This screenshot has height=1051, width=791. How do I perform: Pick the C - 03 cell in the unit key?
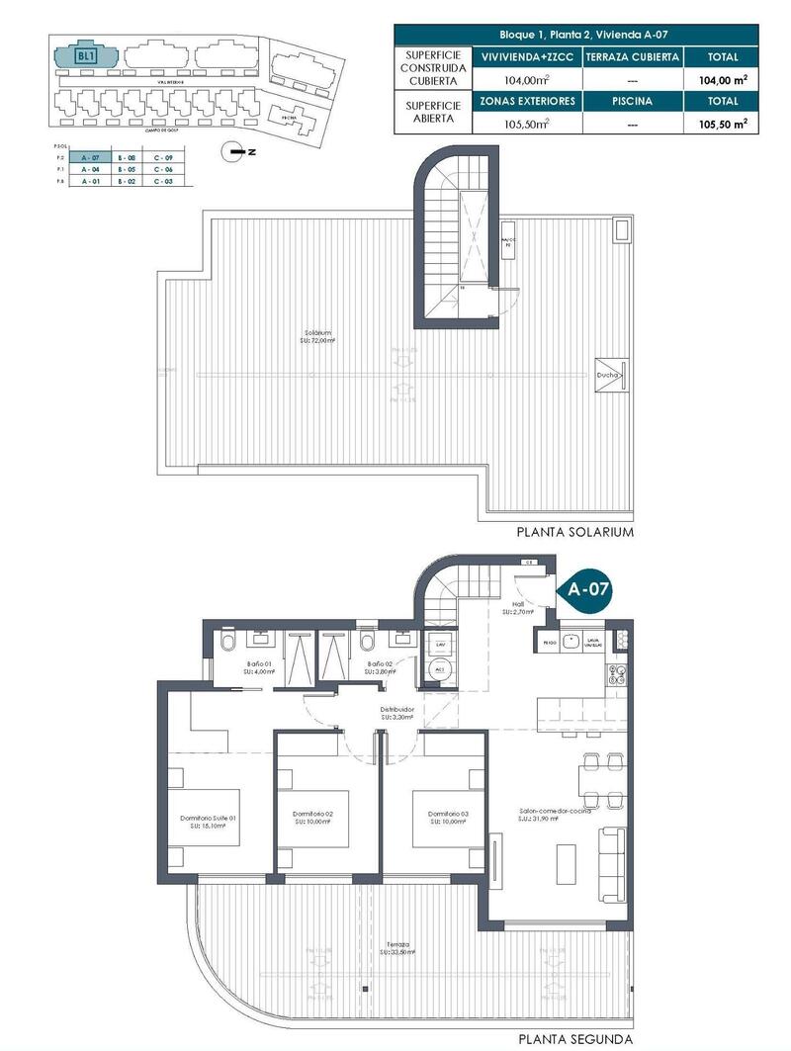[163, 182]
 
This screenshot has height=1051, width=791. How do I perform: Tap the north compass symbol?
[234, 151]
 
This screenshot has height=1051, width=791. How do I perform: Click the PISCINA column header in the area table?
[631, 101]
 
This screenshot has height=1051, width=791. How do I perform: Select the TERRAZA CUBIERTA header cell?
[631, 57]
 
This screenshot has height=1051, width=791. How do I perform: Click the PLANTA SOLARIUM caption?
[574, 532]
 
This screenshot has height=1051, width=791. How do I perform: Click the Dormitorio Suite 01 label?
[208, 821]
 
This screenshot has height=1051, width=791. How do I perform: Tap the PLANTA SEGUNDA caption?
[574, 1040]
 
